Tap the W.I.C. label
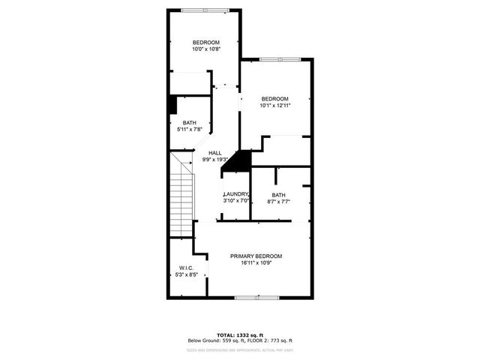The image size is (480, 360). (187, 268)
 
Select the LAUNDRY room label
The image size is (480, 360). (236, 194)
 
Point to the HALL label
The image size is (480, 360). (214, 153)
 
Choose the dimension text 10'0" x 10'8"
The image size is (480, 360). (205, 49)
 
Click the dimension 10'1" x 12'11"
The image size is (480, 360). (274, 106)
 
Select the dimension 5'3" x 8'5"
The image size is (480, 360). (187, 275)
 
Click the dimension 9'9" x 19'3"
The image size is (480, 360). (214, 160)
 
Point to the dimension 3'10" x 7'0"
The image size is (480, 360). (236, 201)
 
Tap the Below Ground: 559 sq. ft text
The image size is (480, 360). (217, 341)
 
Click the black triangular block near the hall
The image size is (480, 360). (240, 161)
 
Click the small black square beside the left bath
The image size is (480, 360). (172, 105)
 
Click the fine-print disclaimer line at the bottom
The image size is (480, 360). (240, 349)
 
